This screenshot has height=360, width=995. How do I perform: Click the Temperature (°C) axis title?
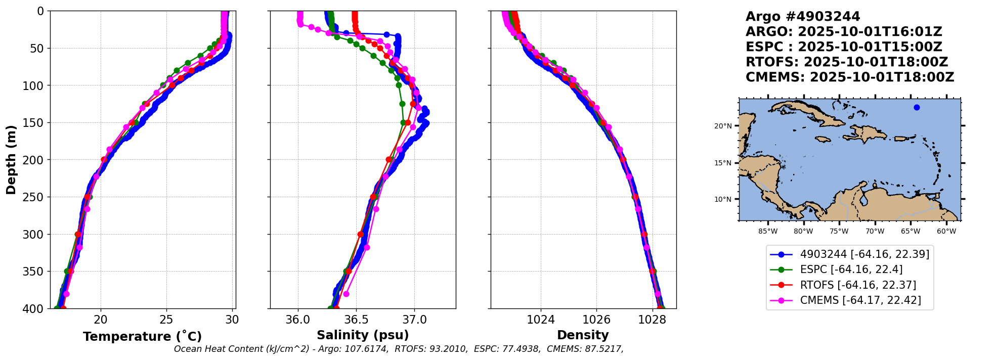click(142, 336)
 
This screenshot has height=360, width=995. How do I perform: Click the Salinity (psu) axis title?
click(363, 335)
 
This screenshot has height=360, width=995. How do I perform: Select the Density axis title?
click(583, 335)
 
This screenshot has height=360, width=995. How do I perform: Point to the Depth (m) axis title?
click(11, 160)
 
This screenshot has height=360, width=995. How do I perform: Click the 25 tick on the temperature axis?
click(166, 320)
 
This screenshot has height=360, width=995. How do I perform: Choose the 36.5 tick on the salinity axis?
click(356, 320)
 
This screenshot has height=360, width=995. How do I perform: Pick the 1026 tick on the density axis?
click(596, 320)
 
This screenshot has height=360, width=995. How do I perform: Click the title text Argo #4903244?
click(803, 17)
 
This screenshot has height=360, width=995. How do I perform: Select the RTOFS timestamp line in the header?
click(847, 62)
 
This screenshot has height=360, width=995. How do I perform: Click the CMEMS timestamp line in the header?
click(850, 77)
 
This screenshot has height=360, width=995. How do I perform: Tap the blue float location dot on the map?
click(917, 107)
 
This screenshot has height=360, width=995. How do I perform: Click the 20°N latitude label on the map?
click(723, 126)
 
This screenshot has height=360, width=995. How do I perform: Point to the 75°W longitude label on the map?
click(839, 232)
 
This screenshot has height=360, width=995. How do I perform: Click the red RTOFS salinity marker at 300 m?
click(361, 234)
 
